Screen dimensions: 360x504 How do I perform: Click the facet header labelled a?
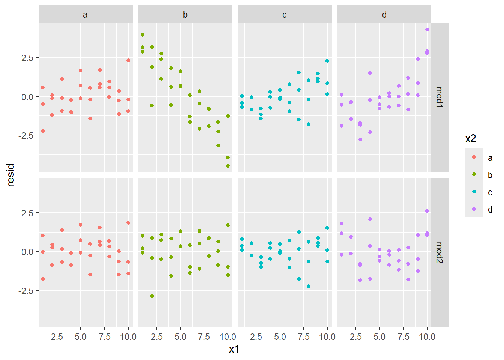(85, 15)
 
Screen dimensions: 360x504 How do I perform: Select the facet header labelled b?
(185, 15)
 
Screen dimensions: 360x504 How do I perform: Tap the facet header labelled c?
(285, 15)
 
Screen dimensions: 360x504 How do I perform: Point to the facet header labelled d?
(384, 15)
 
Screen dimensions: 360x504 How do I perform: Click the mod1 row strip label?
(439, 97)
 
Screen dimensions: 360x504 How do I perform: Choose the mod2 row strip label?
(439, 252)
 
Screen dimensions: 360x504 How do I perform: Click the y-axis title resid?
(10, 175)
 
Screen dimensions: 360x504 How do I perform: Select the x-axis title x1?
(234, 349)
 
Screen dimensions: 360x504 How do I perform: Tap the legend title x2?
(471, 139)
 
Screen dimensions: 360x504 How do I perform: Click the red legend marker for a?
(474, 157)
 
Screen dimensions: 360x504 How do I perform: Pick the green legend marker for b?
(474, 175)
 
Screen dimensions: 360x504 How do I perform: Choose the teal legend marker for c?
(474, 192)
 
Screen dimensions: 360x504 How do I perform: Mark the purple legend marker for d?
(474, 209)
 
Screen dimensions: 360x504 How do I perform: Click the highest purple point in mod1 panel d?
(427, 30)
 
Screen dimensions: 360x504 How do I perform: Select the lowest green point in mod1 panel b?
(228, 166)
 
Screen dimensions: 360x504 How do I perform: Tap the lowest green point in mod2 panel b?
(152, 296)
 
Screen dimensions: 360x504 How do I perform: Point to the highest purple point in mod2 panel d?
(427, 211)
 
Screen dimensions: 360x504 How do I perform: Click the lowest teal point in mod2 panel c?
(309, 286)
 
